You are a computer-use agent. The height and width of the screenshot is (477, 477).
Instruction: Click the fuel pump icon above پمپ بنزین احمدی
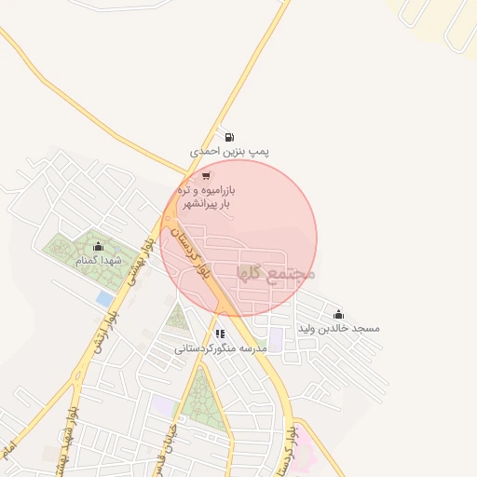[230, 136]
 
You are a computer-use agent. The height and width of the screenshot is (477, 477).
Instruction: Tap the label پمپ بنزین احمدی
[229, 150]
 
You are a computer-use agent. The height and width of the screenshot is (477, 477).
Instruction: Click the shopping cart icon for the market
[206, 175]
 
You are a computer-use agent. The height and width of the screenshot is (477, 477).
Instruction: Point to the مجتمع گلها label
[278, 273]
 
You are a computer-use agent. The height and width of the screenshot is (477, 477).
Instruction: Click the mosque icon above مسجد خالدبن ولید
[337, 314]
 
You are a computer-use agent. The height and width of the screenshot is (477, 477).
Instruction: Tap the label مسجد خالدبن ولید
[338, 329]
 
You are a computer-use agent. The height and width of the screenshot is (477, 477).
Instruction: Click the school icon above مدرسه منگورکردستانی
[220, 333]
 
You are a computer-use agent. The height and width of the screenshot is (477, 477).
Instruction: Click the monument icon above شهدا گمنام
[98, 246]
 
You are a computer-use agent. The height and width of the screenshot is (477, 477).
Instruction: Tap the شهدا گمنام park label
[98, 261]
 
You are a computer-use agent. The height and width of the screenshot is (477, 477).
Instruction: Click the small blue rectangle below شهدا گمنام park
[104, 299]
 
